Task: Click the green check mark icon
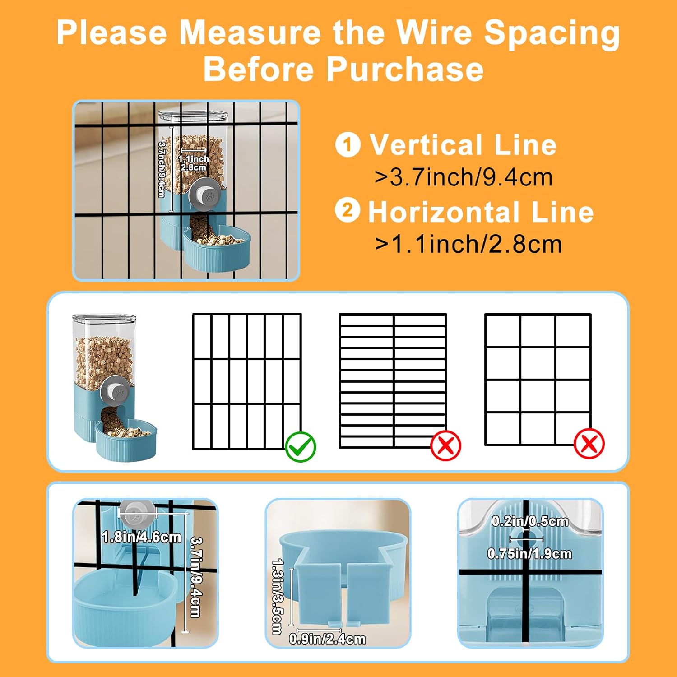(301, 446)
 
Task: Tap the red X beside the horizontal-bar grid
(446, 445)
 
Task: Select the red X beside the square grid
(589, 444)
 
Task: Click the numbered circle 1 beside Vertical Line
(348, 144)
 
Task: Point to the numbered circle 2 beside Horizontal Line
(348, 210)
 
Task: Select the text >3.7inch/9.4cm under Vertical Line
(464, 177)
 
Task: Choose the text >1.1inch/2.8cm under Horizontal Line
(468, 244)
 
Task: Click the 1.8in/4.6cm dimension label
(142, 537)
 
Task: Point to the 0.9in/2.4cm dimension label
(327, 639)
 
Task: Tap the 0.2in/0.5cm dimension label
(530, 521)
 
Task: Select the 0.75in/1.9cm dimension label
(530, 553)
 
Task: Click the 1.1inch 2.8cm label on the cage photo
(194, 163)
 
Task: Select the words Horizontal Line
(481, 212)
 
